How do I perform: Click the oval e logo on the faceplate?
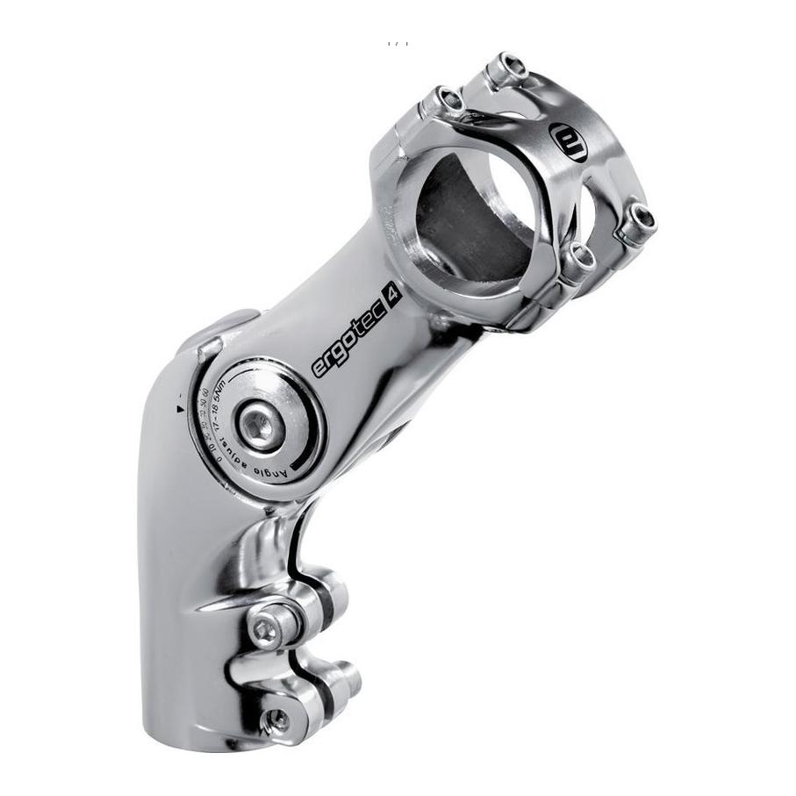[568, 141]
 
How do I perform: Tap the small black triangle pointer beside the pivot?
[180, 408]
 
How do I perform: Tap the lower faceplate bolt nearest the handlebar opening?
[579, 258]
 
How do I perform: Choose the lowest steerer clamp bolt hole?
[276, 721]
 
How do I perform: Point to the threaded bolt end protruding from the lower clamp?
[347, 675]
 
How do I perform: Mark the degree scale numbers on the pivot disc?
[208, 420]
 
